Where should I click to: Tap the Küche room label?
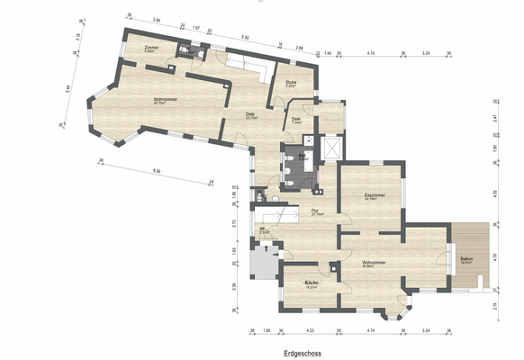(311, 283)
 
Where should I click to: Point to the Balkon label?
(466, 258)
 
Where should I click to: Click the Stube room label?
(291, 83)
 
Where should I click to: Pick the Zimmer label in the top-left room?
(151, 48)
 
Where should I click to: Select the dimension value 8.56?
(157, 170)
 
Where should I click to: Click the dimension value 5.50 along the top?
(245, 37)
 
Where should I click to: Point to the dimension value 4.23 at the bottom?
(311, 330)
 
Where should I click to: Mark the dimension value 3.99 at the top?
(157, 18)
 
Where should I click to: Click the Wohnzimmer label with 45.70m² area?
(164, 100)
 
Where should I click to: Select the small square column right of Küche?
(334, 266)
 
